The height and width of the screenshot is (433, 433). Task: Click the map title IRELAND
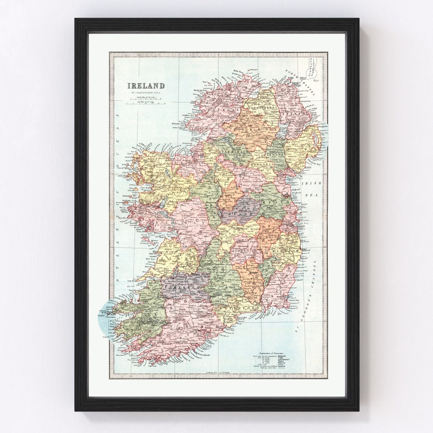pos(146,85)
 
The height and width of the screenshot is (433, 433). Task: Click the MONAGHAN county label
pos(262,164)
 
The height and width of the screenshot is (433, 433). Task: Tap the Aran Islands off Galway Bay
pos(146,242)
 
